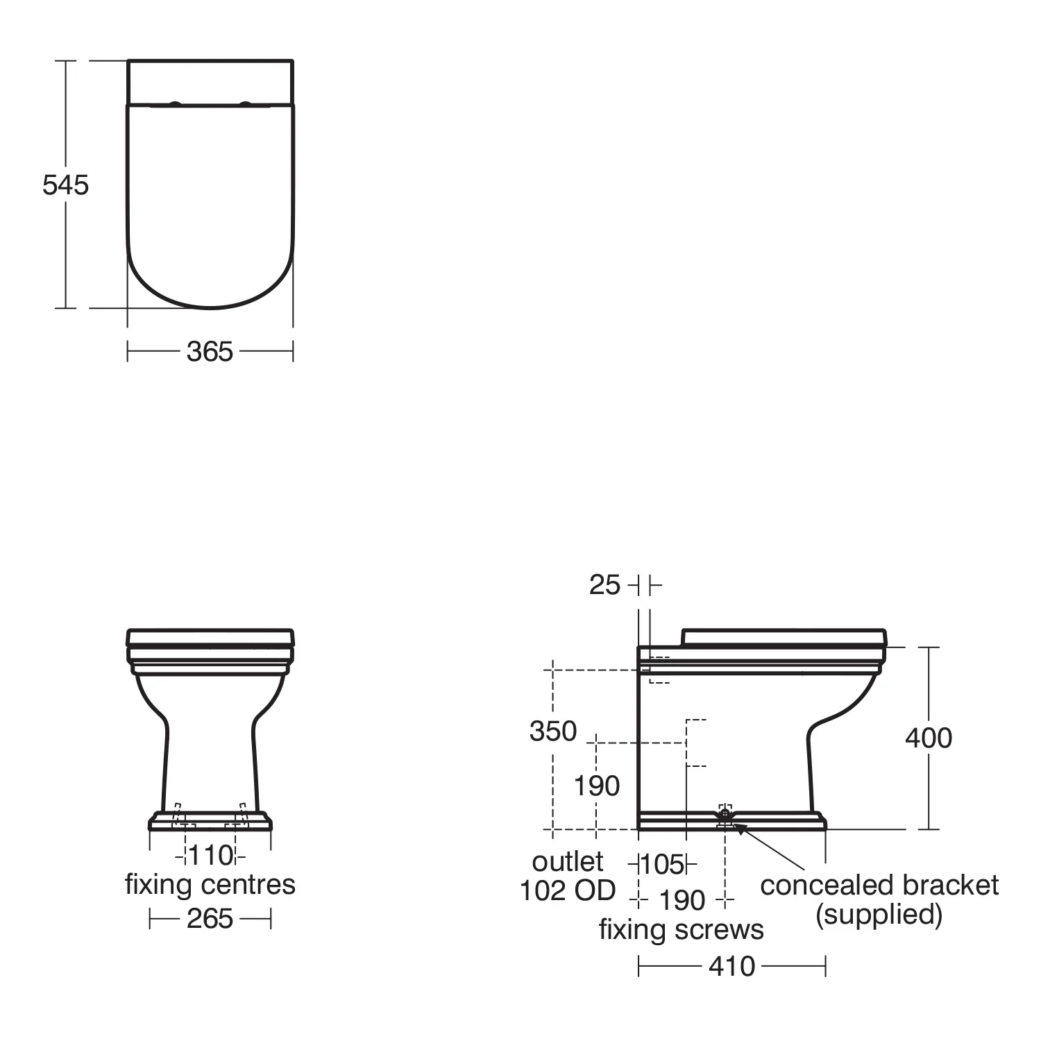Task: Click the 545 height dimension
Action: (x=66, y=185)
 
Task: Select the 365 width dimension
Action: (x=210, y=352)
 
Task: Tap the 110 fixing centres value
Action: (x=210, y=855)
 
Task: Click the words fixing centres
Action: (x=210, y=884)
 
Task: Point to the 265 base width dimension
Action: (x=210, y=918)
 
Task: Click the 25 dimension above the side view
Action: (x=604, y=585)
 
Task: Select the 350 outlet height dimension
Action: (x=553, y=731)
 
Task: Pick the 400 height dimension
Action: (x=929, y=738)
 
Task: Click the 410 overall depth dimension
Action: (x=731, y=965)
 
